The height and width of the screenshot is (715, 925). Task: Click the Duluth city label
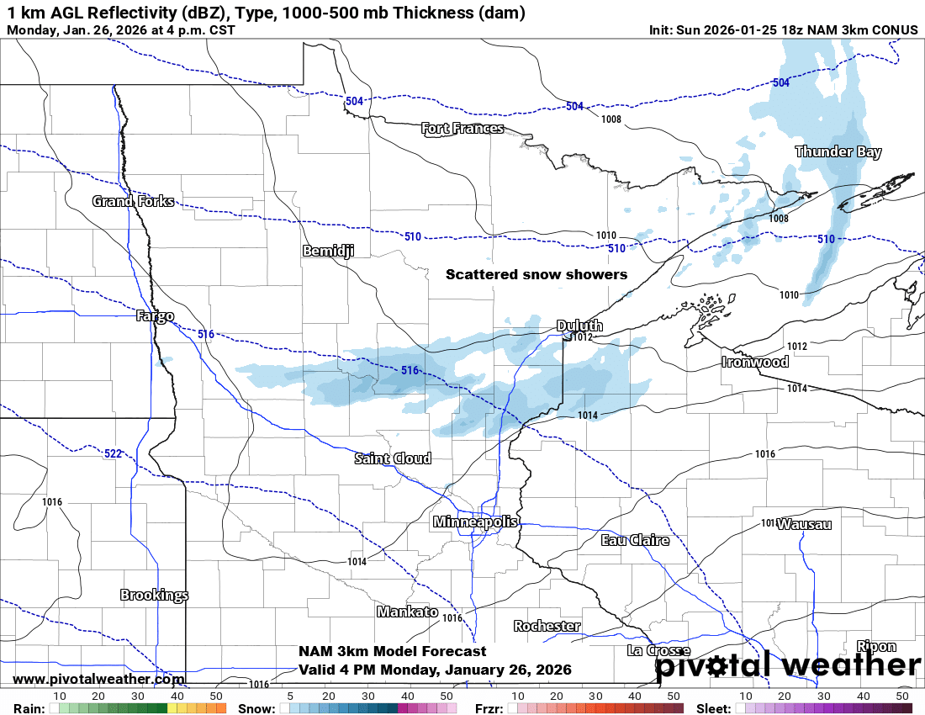point(579,326)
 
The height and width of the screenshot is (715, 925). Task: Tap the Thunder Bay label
point(838,151)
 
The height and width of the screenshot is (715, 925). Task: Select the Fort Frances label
point(462,128)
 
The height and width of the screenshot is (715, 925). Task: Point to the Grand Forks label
point(133,201)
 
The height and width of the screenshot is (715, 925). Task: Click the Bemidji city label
point(328,251)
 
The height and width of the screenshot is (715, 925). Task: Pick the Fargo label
point(155,316)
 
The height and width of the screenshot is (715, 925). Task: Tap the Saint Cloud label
point(393,458)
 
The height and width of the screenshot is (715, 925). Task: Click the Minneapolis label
point(475,522)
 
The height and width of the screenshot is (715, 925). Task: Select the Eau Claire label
point(635,540)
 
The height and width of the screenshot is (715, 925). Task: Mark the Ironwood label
point(754,362)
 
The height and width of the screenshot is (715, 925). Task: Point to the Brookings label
point(154,595)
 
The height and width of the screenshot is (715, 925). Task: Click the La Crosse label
point(658,650)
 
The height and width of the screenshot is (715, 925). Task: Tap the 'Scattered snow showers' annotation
point(536,274)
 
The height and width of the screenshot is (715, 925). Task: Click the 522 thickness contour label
point(113,453)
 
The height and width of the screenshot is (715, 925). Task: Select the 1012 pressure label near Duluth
point(583,337)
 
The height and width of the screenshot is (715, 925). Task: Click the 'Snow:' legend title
point(256,708)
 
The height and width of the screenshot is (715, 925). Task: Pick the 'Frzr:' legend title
point(489,708)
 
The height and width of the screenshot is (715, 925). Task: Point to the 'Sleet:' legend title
point(714,708)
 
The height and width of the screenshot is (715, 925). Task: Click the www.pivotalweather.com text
point(98,679)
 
